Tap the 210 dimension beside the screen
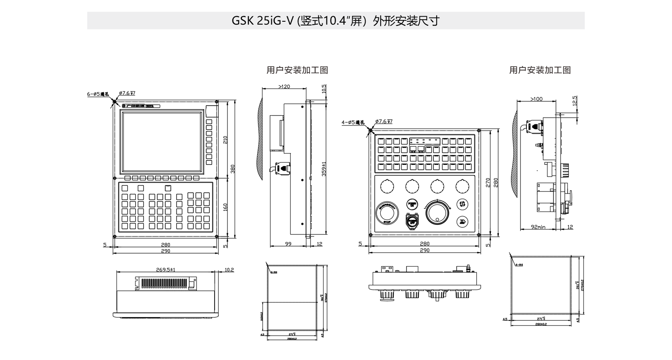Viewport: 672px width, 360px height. pyautogui.click(x=226, y=140)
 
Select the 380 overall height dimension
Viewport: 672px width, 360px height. pyautogui.click(x=233, y=169)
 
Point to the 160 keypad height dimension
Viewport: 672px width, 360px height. pyautogui.click(x=226, y=207)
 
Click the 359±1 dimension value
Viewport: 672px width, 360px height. pyautogui.click(x=323, y=169)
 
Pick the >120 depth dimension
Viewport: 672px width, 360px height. pyautogui.click(x=284, y=87)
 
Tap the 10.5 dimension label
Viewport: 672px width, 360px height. pyautogui.click(x=324, y=89)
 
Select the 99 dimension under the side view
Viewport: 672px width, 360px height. pyautogui.click(x=288, y=244)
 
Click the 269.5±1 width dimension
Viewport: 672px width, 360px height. pyautogui.click(x=166, y=269)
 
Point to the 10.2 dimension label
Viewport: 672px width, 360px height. pyautogui.click(x=229, y=270)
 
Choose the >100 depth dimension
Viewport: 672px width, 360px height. pyautogui.click(x=536, y=99)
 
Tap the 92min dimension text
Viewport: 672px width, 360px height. pyautogui.click(x=538, y=227)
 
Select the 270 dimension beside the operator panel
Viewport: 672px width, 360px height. pyautogui.click(x=488, y=182)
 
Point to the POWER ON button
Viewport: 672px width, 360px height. pyautogui.click(x=412, y=204)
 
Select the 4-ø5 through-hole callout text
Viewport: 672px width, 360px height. pyautogui.click(x=353, y=123)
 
